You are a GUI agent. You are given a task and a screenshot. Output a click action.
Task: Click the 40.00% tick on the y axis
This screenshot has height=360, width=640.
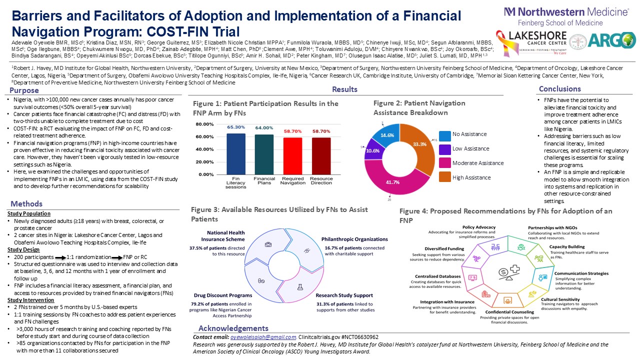tap(206, 149)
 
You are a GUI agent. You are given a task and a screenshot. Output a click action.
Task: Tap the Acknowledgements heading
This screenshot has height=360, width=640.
tap(233, 328)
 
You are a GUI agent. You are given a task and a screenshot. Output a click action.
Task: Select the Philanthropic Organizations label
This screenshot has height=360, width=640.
tap(354, 239)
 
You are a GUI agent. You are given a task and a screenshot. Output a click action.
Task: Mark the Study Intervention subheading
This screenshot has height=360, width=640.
tap(28, 300)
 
